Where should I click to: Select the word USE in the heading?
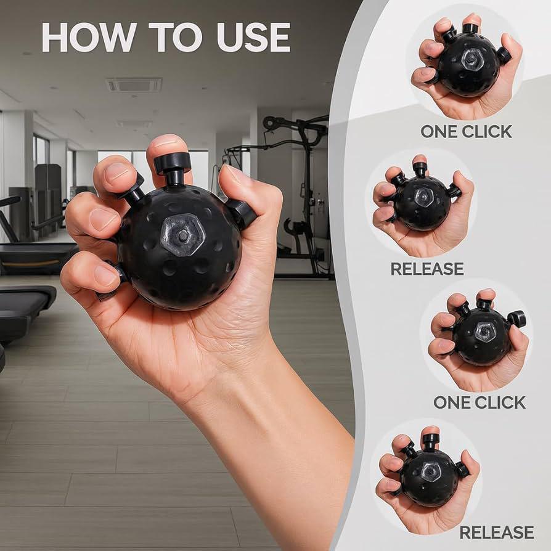pos(251,38)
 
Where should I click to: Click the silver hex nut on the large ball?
pos(183,234)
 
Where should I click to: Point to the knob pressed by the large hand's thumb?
pos(241,213)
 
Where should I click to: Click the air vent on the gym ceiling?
pos(134,84)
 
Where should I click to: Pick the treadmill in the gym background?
pos(31,259)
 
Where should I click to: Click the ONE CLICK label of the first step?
pos(467,131)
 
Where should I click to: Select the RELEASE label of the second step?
pos(427,269)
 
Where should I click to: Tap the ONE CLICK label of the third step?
pos(480,402)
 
